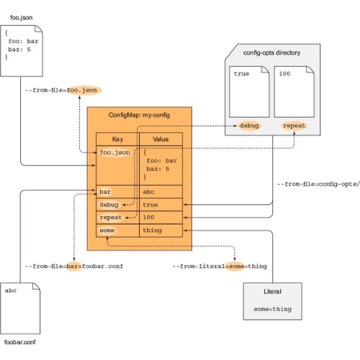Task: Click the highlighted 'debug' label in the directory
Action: [x=250, y=125]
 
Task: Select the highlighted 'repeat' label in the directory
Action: [x=294, y=125]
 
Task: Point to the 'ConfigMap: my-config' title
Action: [x=139, y=115]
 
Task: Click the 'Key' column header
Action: [x=117, y=140]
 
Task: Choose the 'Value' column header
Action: [x=160, y=140]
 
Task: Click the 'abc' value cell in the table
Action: [x=160, y=192]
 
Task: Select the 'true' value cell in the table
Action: [x=160, y=204]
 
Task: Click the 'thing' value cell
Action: [x=160, y=230]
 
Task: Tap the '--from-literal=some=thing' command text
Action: [x=220, y=266]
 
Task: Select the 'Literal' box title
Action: [x=271, y=292]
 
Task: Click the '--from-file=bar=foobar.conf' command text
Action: [x=74, y=266]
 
